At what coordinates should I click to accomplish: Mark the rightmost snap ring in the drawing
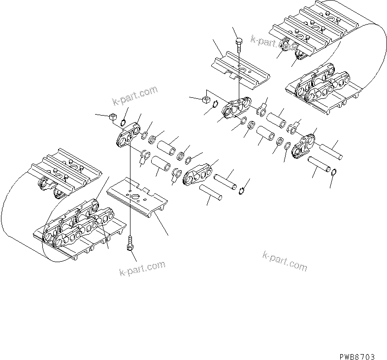[334, 173]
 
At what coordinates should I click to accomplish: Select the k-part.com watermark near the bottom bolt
[142, 269]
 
